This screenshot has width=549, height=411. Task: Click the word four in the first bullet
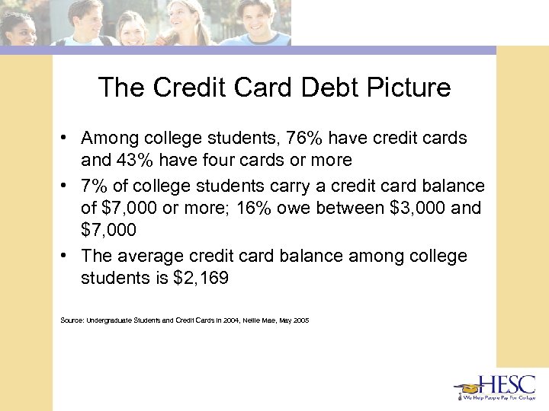226,160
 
